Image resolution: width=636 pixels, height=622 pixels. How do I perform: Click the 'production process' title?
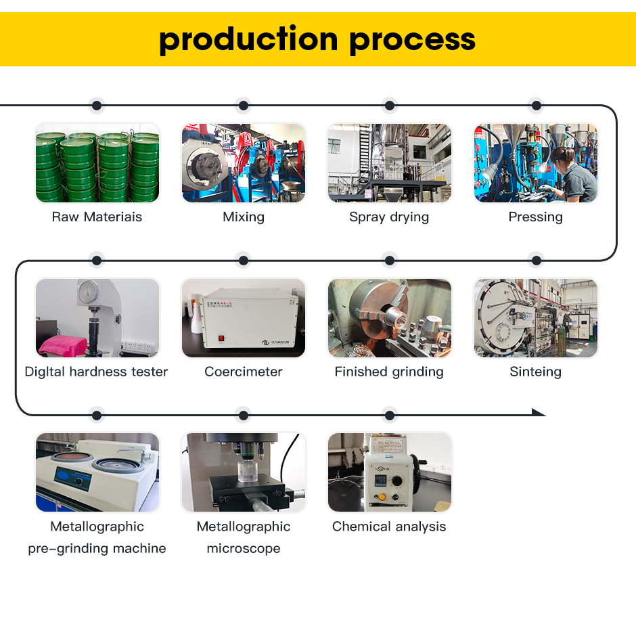(x=317, y=39)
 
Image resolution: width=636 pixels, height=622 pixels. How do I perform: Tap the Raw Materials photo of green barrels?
(x=97, y=163)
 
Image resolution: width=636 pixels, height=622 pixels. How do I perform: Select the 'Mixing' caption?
(x=244, y=217)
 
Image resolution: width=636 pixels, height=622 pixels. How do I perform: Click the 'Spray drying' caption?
(x=389, y=217)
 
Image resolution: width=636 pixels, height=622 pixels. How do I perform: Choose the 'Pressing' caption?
(x=535, y=217)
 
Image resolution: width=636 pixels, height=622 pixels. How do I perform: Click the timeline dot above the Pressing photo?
(x=536, y=106)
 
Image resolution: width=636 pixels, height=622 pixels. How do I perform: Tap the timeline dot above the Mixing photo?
(x=244, y=106)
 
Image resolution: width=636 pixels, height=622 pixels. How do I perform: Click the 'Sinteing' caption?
(x=535, y=372)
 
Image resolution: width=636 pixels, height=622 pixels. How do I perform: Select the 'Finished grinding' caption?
(x=389, y=372)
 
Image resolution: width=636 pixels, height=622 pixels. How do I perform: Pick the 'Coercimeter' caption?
(x=244, y=372)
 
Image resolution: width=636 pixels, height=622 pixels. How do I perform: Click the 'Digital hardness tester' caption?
(x=97, y=372)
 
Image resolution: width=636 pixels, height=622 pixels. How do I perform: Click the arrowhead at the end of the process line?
(x=539, y=412)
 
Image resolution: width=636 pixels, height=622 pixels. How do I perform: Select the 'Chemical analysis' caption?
(x=389, y=527)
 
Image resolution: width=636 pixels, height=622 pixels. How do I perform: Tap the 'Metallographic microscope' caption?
(x=244, y=537)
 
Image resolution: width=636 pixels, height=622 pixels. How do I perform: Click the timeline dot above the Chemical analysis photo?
(x=389, y=415)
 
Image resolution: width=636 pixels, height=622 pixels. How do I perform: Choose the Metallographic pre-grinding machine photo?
(x=97, y=472)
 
